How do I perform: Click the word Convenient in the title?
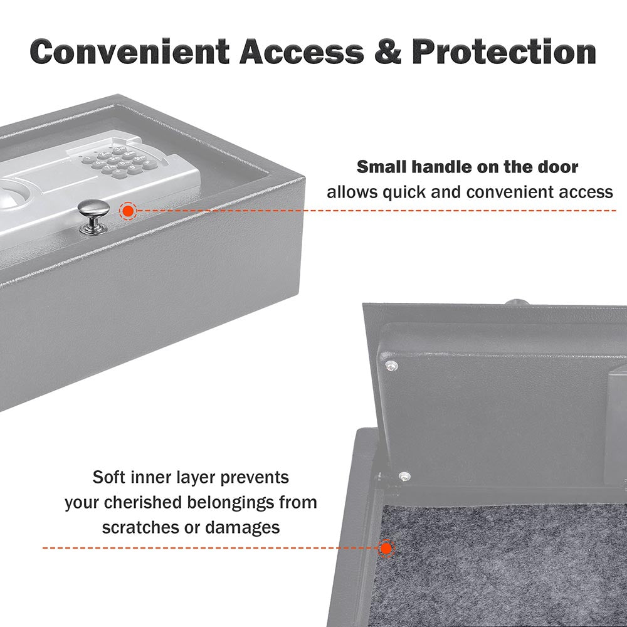click(130, 51)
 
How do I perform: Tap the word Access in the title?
click(302, 51)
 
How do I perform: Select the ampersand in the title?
click(388, 51)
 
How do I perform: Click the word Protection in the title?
click(504, 51)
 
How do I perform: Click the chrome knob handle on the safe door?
click(93, 216)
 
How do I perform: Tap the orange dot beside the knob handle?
click(128, 211)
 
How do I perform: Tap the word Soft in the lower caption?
click(107, 477)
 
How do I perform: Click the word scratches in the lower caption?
click(140, 527)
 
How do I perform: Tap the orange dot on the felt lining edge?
click(386, 548)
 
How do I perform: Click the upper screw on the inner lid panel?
click(391, 365)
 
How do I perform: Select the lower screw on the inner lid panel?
click(404, 476)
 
